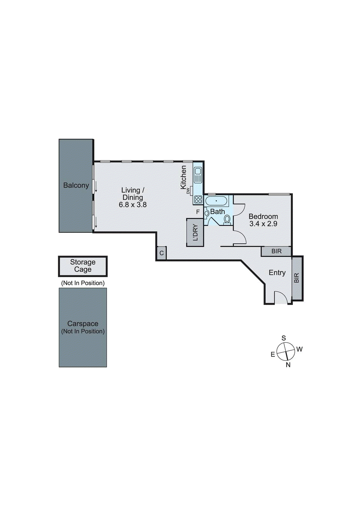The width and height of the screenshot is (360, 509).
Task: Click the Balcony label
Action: tap(76, 185)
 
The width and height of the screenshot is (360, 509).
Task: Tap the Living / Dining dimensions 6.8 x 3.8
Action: tap(133, 205)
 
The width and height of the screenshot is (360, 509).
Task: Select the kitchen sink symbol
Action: tap(198, 175)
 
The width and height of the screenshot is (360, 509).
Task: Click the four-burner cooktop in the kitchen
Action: tap(198, 200)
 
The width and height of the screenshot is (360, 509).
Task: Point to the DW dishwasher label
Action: tap(188, 191)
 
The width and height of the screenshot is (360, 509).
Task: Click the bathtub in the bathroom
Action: tap(216, 201)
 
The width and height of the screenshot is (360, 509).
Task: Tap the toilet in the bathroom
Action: tap(227, 219)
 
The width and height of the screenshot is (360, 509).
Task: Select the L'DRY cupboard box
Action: tap(195, 233)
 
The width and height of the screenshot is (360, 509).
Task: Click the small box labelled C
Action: tap(161, 253)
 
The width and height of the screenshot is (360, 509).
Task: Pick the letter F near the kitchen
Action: tap(198, 212)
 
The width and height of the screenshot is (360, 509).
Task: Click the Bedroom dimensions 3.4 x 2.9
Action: tap(263, 224)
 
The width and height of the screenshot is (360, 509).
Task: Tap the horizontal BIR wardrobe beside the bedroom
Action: tap(276, 251)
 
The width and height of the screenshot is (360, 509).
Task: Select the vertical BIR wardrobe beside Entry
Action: tap(297, 278)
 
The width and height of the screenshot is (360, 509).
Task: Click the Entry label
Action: tap(277, 273)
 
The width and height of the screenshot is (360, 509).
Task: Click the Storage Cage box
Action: tap(83, 266)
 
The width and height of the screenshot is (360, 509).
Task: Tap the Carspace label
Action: tap(83, 324)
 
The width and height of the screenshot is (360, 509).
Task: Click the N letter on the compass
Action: tap(288, 365)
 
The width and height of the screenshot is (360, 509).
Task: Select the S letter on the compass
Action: tap(284, 338)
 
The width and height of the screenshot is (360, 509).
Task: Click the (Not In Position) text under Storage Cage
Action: tap(83, 283)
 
